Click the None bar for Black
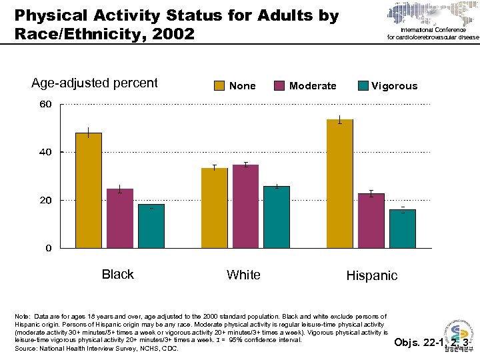89,190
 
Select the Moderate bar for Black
120,218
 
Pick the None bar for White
215,208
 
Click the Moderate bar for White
245,206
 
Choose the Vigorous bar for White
277,217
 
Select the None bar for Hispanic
340,183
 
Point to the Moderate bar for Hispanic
371,221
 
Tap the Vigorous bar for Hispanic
402,229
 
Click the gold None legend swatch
219,85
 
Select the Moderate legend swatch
279,85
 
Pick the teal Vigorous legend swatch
363,85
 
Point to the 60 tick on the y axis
45,105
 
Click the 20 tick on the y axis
45,200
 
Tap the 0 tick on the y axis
48,248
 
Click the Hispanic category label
371,275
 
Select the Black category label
117,274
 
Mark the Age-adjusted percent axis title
95,83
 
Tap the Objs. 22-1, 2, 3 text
431,343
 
